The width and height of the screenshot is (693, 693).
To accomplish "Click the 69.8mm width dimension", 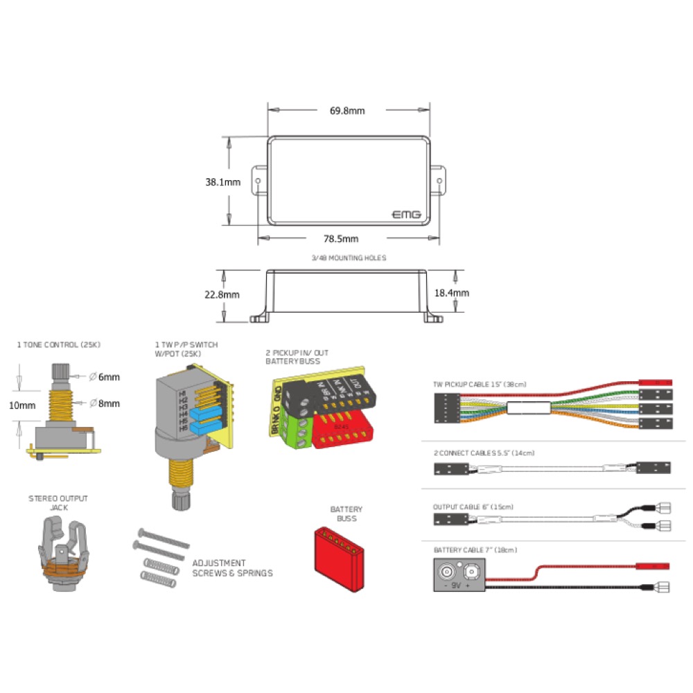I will click(x=347, y=110).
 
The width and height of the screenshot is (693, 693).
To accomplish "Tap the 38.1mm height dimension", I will click(x=222, y=182).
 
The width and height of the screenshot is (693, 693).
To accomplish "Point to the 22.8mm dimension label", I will click(x=222, y=294).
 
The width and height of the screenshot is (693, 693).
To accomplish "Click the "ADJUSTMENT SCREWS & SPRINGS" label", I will click(x=232, y=568).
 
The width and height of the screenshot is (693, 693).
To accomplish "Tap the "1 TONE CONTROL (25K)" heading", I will click(x=59, y=344).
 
